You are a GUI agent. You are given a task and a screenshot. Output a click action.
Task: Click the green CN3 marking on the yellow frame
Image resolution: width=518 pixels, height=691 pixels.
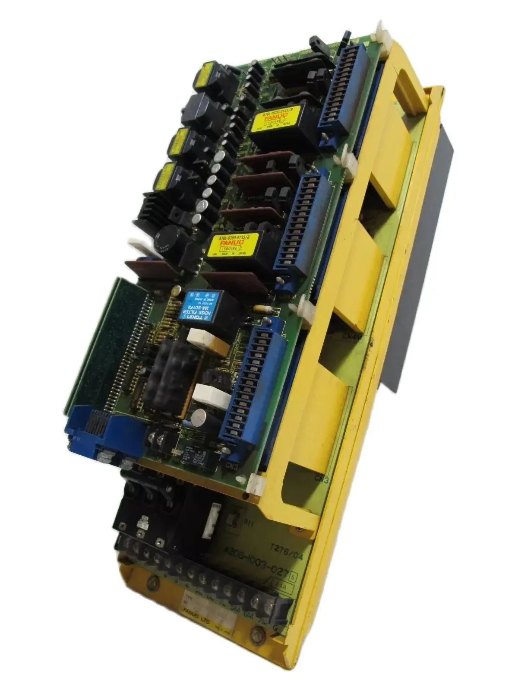click(x=323, y=479)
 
